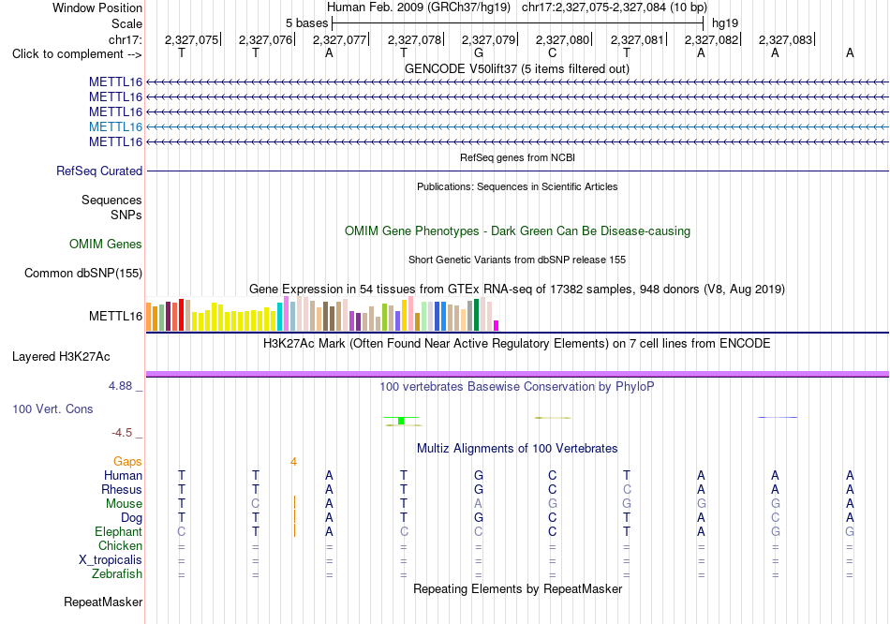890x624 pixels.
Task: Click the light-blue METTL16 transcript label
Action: (x=115, y=126)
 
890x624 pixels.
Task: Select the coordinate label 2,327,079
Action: (x=488, y=39)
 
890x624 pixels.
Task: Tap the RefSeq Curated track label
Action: (x=99, y=171)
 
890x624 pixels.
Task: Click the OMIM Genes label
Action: (x=106, y=245)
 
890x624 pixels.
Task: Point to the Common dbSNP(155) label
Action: (x=83, y=273)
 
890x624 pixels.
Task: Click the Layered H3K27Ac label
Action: (x=61, y=357)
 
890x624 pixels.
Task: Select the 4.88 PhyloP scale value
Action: (x=120, y=386)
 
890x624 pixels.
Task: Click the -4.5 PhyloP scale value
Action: (x=122, y=433)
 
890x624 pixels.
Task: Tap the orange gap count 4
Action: (x=293, y=462)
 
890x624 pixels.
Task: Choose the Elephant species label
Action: (x=119, y=532)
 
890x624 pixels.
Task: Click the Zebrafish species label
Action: (x=117, y=574)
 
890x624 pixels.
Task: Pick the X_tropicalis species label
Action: (x=111, y=560)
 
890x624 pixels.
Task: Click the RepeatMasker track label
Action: (x=103, y=602)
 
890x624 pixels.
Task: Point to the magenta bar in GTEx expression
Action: (x=497, y=325)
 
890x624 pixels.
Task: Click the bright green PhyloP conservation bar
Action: (x=401, y=421)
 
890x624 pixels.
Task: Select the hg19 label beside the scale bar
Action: (x=725, y=23)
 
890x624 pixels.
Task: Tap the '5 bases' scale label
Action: (x=306, y=23)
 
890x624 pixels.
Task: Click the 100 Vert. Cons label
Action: (x=52, y=409)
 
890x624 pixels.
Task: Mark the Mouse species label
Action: (x=124, y=504)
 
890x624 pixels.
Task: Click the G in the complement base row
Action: (x=479, y=53)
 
